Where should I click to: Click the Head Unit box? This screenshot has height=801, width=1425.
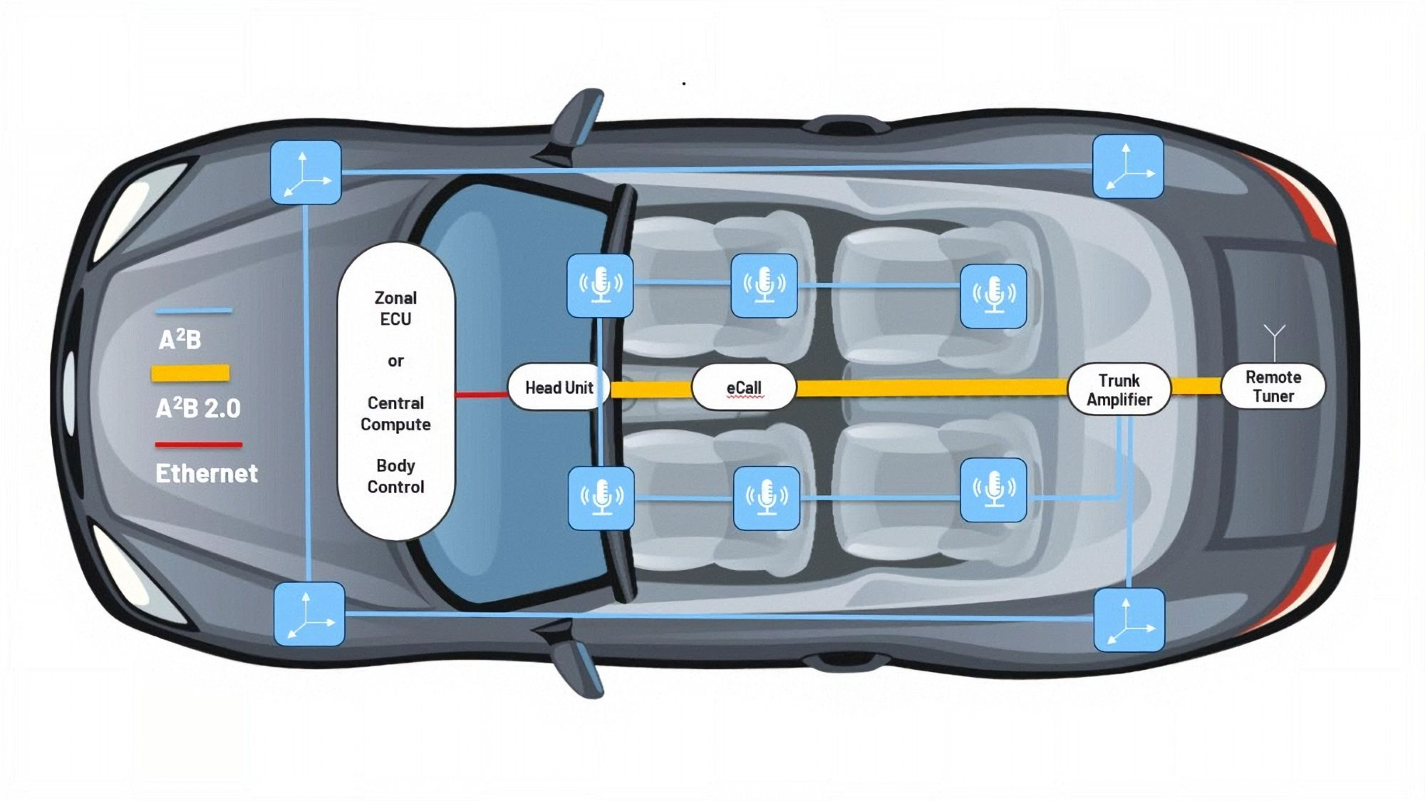click(559, 388)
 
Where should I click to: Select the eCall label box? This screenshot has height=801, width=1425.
click(743, 388)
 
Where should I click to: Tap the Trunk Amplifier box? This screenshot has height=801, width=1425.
click(1119, 390)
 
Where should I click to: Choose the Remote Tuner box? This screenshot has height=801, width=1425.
click(1273, 387)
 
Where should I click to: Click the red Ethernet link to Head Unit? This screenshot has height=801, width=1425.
click(481, 394)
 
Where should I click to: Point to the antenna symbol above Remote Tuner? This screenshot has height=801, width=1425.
click(1274, 340)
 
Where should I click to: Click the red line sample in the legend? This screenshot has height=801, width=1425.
click(199, 445)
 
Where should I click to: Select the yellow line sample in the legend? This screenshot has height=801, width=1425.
click(190, 373)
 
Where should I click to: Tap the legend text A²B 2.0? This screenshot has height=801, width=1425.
click(198, 408)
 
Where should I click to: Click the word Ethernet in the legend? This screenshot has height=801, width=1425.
click(207, 473)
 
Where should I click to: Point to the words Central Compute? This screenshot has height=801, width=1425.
click(395, 413)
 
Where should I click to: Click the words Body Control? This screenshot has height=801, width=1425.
click(395, 476)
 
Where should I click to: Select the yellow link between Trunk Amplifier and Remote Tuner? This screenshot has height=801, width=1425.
click(1196, 386)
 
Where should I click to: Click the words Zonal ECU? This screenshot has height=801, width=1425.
click(395, 308)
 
